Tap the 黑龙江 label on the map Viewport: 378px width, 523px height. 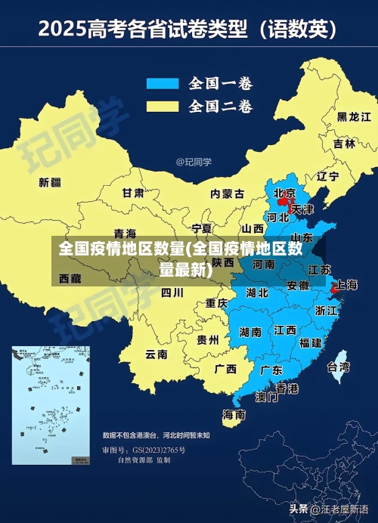click(x=353, y=117)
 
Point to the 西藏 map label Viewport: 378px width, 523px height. click(x=70, y=279)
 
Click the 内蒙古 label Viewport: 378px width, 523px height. click(x=228, y=193)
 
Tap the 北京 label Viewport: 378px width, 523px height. click(x=285, y=193)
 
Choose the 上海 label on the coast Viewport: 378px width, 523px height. click(x=346, y=285)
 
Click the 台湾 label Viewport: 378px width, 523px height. click(x=338, y=367)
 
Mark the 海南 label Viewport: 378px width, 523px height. click(x=234, y=414)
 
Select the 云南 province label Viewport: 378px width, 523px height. click(x=156, y=354)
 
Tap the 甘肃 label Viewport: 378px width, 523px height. click(x=134, y=193)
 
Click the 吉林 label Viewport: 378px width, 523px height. click(x=343, y=144)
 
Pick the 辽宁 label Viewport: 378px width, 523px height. click(x=327, y=176)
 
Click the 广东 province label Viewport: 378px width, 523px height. click(x=271, y=370)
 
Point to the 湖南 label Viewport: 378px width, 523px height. click(x=250, y=331)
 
